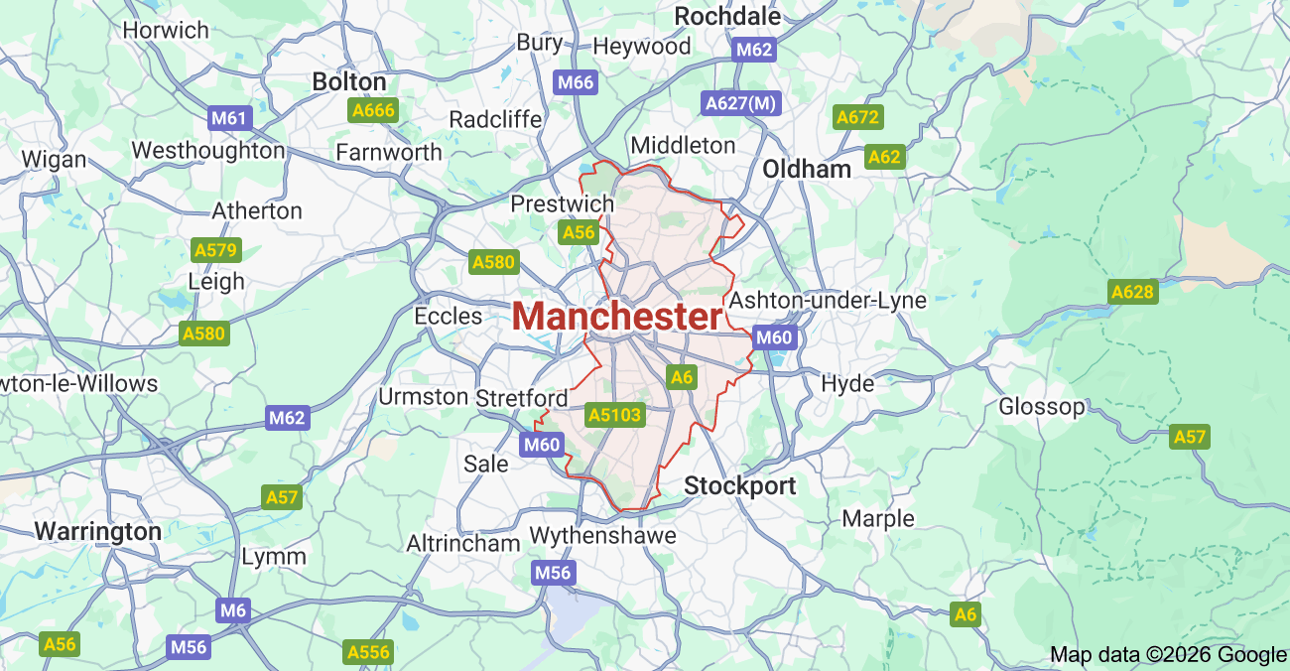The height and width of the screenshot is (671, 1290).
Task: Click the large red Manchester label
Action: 617,317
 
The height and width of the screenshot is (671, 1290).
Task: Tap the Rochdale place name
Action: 727,16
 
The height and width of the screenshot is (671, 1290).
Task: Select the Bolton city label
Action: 349,81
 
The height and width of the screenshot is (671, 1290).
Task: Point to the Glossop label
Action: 1042,406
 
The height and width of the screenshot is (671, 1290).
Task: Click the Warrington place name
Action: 98,531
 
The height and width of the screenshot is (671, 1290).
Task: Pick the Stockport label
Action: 740,485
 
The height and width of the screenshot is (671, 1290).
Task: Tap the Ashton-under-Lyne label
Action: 828,300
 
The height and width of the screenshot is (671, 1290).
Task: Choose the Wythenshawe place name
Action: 602,535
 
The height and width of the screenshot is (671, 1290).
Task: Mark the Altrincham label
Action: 463,543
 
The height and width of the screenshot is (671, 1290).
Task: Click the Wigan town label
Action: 54,159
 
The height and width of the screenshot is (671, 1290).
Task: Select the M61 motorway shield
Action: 230,119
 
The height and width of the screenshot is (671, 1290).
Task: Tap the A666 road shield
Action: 373,110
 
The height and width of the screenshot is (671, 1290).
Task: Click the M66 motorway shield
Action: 576,82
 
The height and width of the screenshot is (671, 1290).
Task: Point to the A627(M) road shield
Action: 741,102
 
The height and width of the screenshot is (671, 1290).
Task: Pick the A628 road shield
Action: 1132,292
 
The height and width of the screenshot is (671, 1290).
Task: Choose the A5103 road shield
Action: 615,415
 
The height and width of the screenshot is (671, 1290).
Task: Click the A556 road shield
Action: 368,652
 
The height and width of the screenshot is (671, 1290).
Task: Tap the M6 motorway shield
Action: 233,610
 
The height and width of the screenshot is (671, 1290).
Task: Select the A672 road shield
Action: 858,118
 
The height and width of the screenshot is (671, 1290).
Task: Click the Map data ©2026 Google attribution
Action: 1168,654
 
